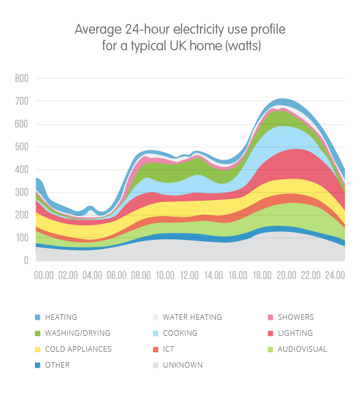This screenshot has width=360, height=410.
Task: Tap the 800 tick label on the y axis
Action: coord(21,78)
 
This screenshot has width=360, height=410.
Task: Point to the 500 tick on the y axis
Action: coord(21,147)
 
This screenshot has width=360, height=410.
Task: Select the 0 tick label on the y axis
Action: coord(26,260)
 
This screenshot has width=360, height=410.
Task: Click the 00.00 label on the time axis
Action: coord(44,275)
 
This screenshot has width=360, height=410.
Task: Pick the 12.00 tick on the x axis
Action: coord(190,275)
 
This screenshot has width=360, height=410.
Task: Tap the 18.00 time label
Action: coord(262,275)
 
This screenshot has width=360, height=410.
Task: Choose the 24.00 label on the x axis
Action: coord(335,275)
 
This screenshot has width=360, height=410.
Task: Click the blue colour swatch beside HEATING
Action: coord(37,317)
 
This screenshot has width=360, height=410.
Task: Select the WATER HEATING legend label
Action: coord(193,317)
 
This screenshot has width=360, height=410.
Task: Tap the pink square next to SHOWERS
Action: coord(270,317)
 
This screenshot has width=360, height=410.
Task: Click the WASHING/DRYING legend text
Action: coord(78,333)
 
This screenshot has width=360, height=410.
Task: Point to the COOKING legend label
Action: coord(180,333)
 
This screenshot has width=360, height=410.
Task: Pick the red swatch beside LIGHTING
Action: coord(270,333)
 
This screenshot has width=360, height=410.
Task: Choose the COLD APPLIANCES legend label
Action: coord(78,349)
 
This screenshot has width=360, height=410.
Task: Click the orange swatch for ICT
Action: coord(155,349)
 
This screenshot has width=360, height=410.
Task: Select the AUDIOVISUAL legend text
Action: coord(302,349)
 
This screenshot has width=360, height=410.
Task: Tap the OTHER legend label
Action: coord(57,365)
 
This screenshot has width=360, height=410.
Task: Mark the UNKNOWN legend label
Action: coord(183,365)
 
